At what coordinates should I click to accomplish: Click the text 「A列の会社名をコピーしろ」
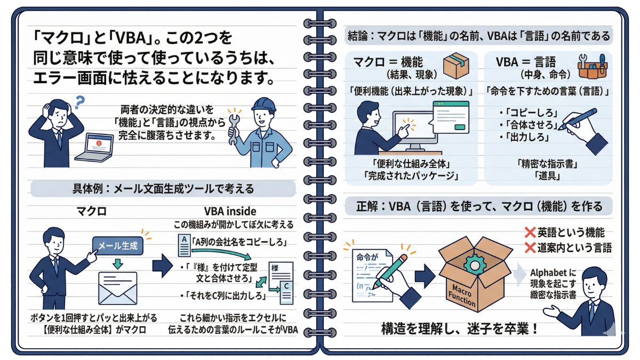(239, 243)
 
